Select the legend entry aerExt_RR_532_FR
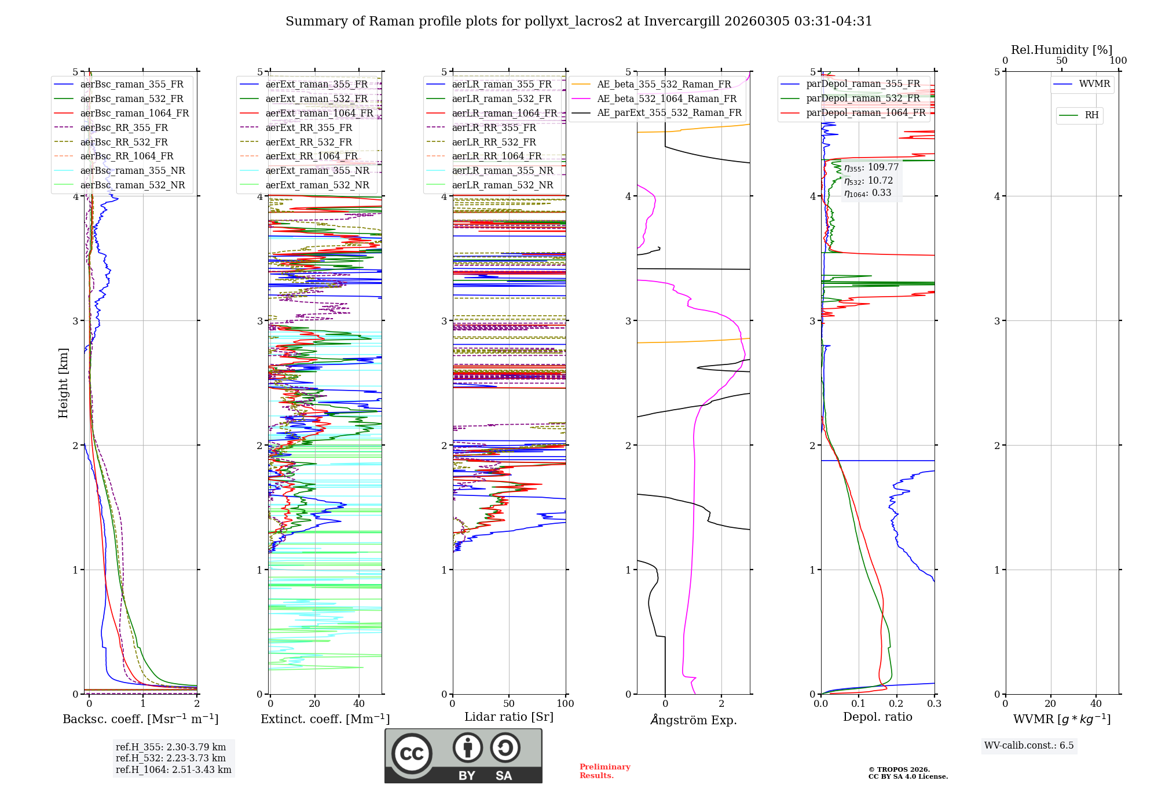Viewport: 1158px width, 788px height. tap(309, 142)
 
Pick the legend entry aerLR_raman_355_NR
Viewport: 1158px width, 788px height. tap(502, 170)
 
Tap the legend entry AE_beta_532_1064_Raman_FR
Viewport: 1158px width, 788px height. tap(666, 99)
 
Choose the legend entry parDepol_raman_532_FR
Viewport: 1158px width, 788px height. tap(863, 98)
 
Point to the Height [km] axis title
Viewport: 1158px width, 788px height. tap(63, 383)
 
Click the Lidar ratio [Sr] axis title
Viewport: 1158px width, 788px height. tap(508, 717)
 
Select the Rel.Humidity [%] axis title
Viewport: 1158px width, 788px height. tap(1061, 50)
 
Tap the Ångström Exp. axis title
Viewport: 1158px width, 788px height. tap(693, 720)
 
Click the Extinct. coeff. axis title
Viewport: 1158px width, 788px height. tap(325, 719)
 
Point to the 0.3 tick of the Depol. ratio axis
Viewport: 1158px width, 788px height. tap(934, 704)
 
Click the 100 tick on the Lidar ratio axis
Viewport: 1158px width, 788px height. tap(565, 704)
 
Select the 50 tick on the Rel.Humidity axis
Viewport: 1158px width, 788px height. tap(1061, 61)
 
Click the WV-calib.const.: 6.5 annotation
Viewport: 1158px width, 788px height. tap(1028, 745)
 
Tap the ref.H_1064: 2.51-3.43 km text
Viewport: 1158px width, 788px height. tap(173, 769)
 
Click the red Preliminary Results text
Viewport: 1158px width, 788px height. tap(604, 771)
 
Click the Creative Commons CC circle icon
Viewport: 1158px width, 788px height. tap(412, 754)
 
